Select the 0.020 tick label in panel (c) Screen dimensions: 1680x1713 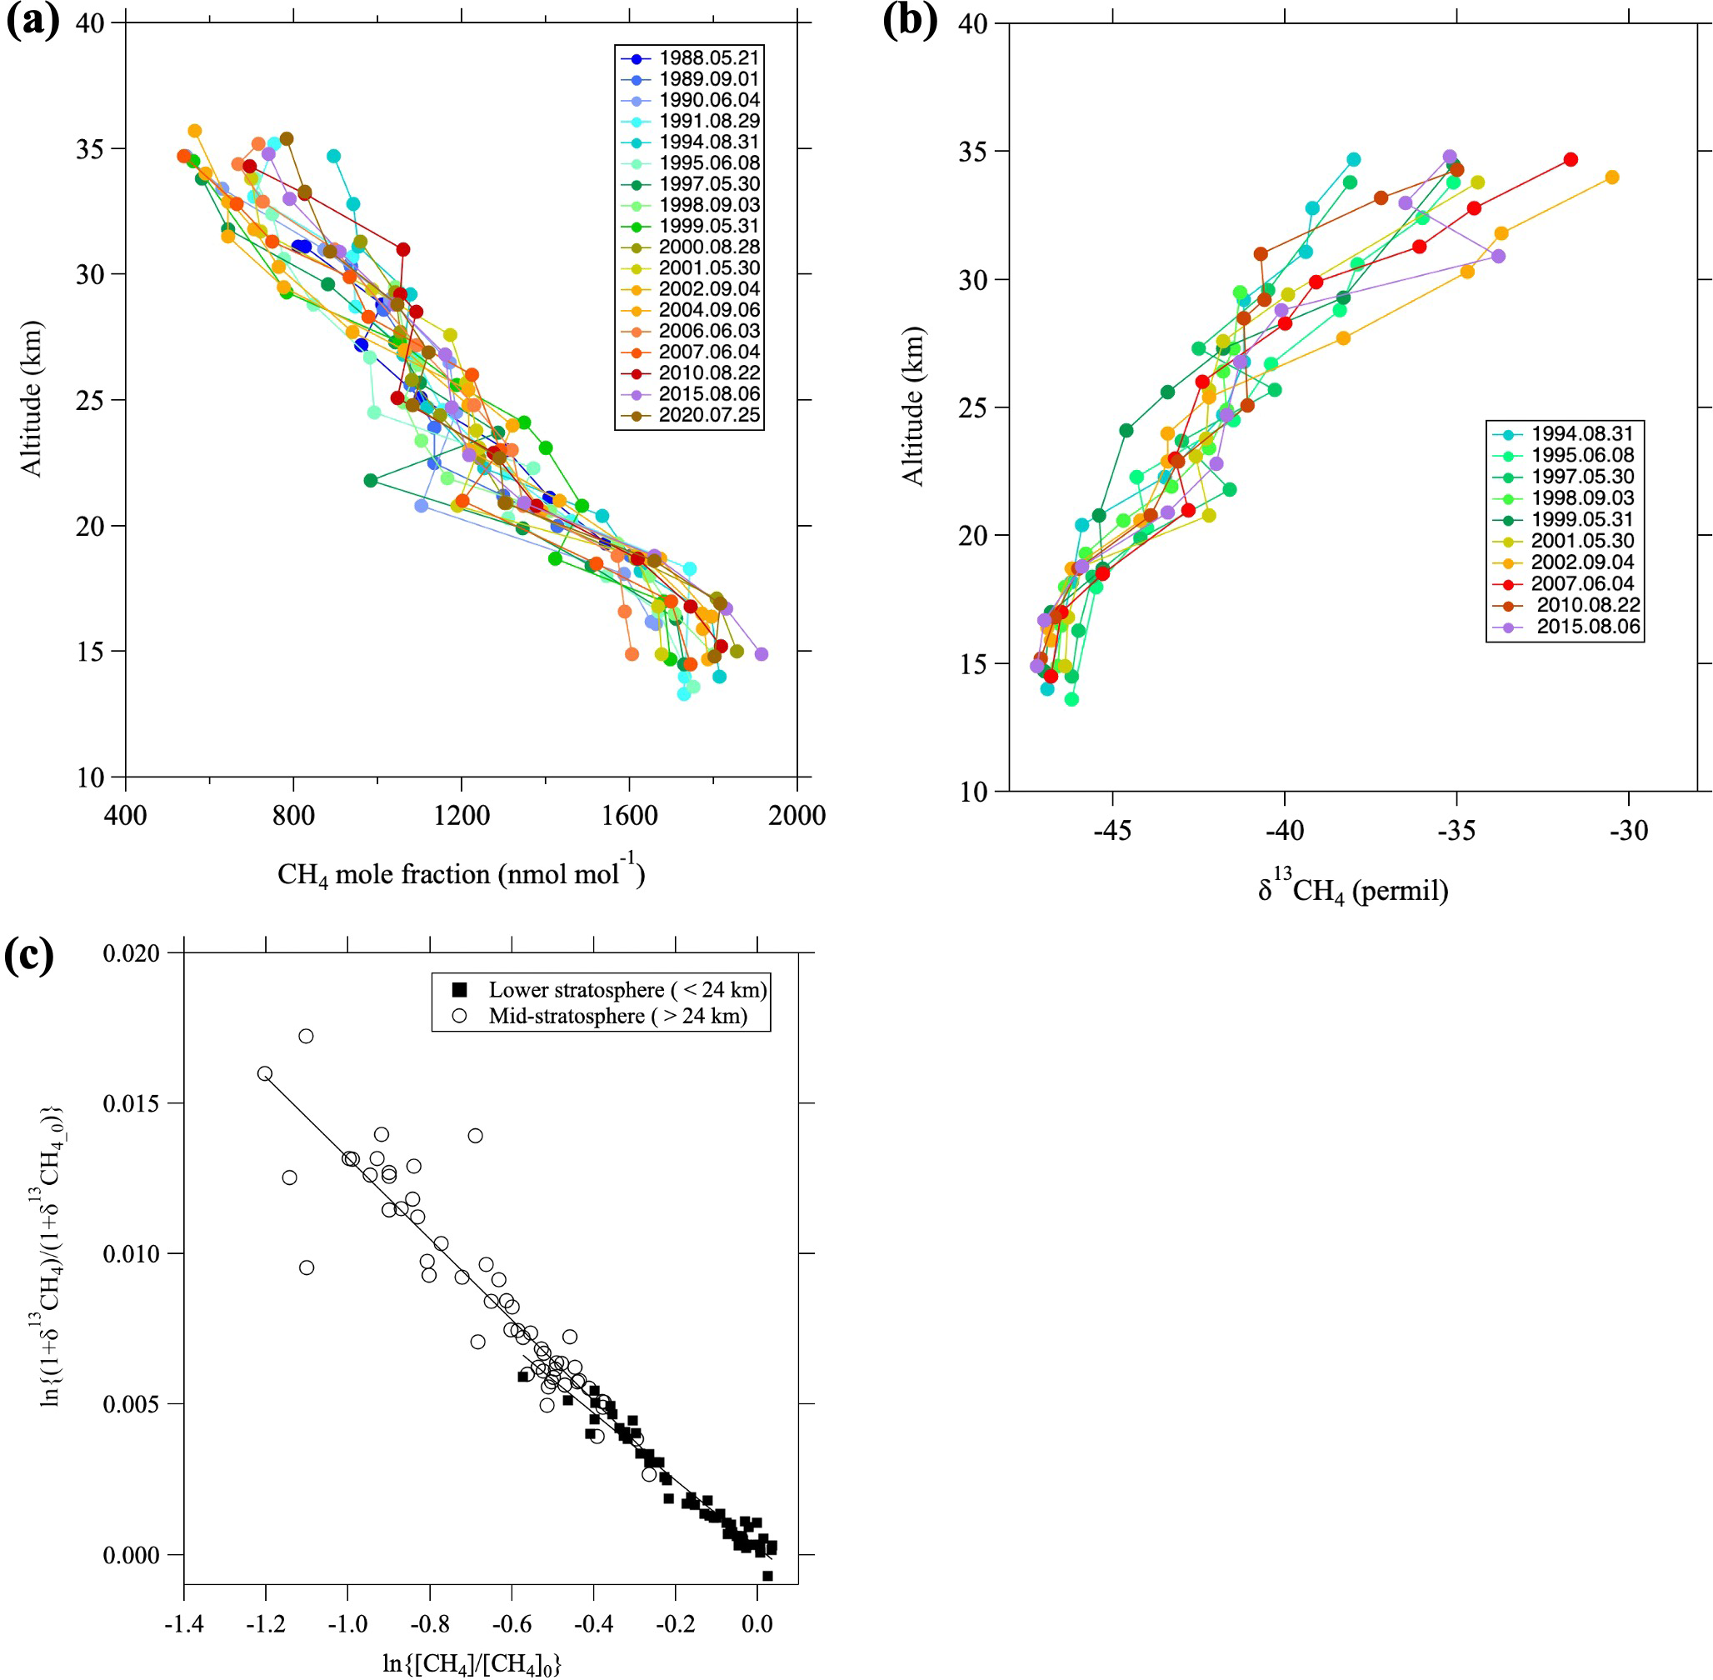[132, 954]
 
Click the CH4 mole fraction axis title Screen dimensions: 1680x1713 [461, 874]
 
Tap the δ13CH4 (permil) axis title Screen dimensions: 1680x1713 [1353, 890]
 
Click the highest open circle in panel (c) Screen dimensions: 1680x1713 [306, 1036]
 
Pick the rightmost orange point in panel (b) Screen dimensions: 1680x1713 [1611, 177]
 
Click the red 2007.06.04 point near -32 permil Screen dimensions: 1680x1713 [1570, 160]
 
